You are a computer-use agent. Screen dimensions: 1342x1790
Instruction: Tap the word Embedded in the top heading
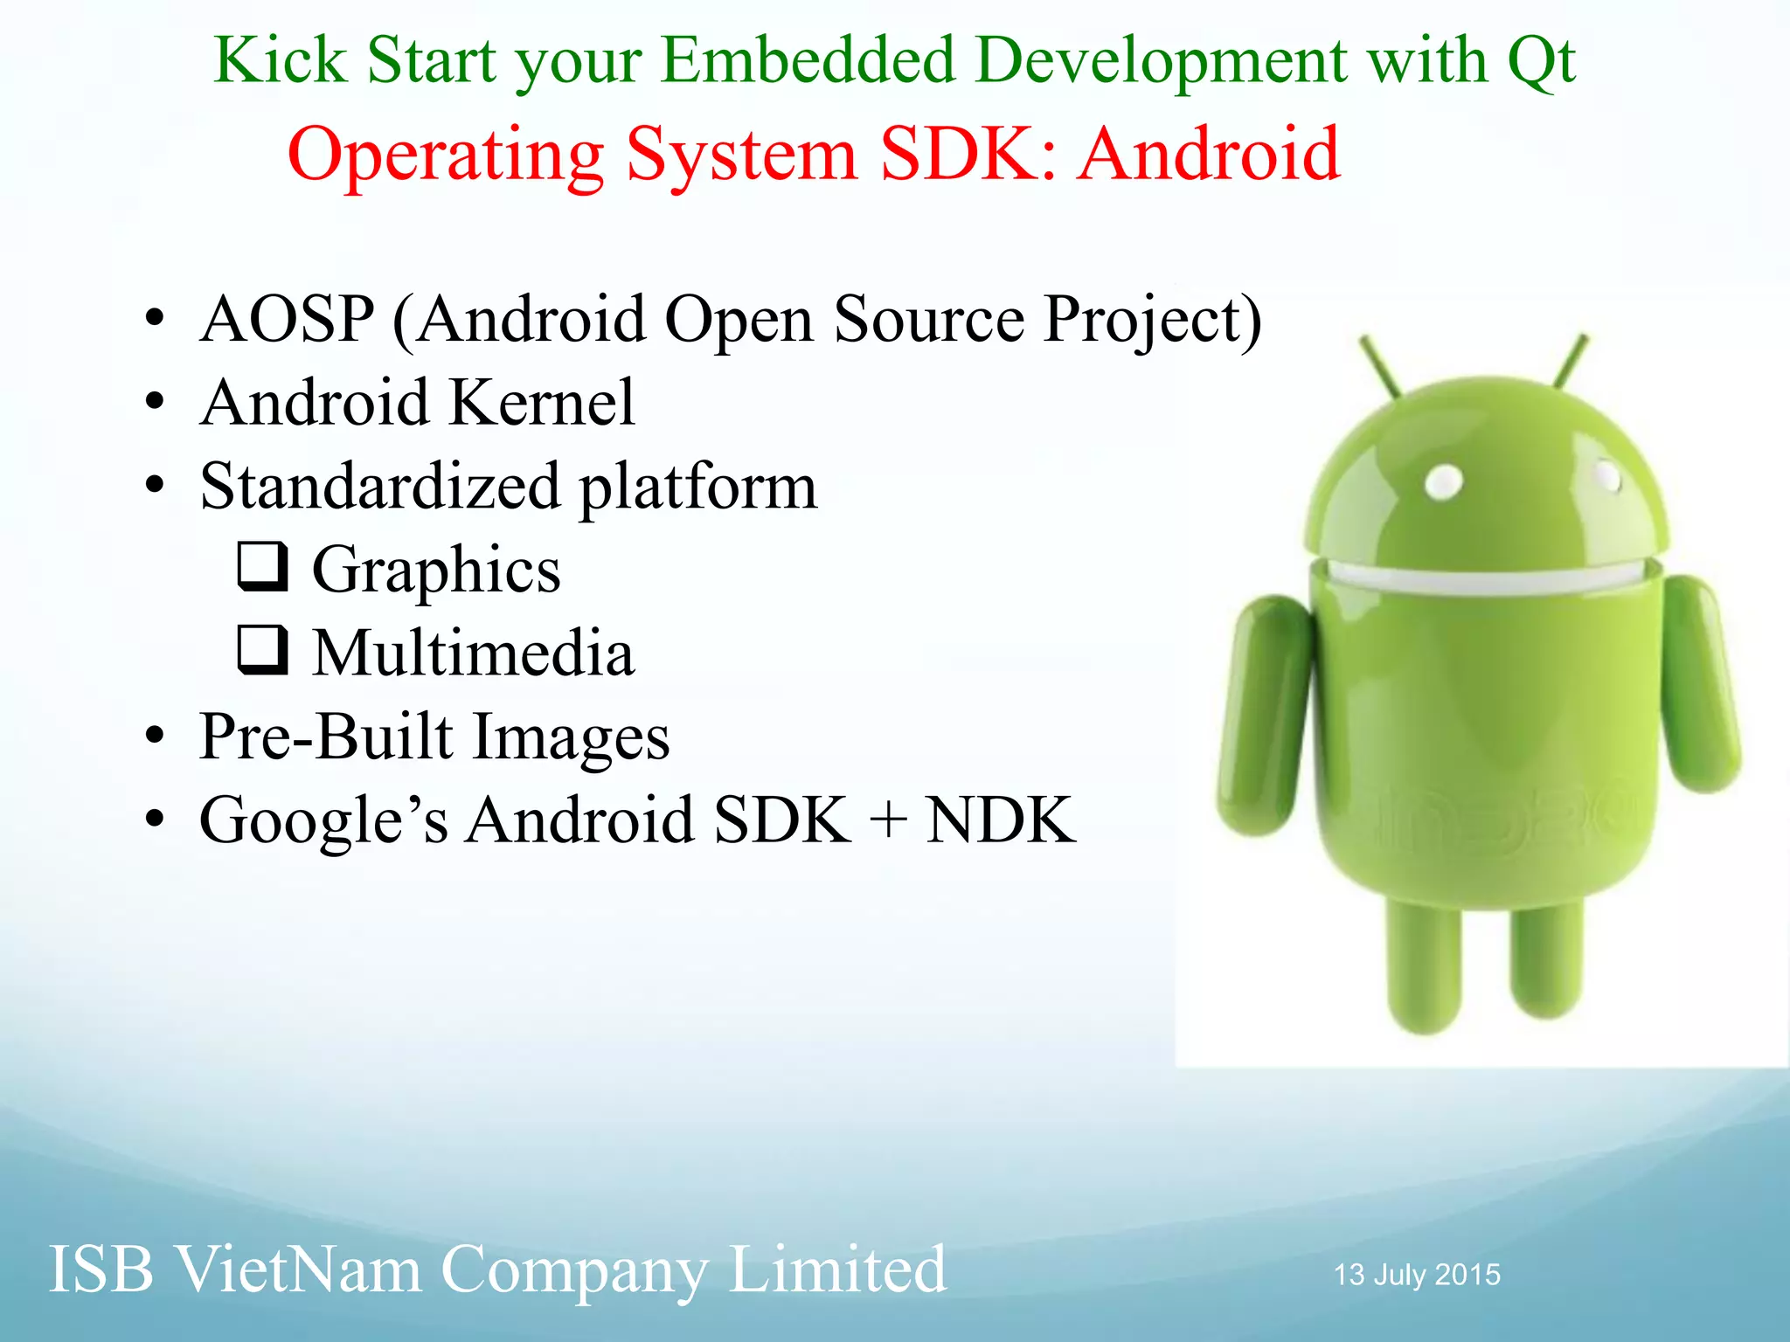tap(808, 61)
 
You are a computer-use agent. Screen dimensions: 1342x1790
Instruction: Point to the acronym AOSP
tap(288, 319)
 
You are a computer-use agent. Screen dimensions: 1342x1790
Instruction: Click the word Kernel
tap(543, 403)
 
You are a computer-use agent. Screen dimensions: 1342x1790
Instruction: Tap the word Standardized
tap(380, 487)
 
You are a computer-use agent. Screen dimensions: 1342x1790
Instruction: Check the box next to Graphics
tap(262, 566)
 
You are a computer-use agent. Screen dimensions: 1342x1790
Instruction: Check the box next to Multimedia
tap(262, 650)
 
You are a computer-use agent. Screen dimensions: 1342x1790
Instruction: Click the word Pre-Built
tap(326, 737)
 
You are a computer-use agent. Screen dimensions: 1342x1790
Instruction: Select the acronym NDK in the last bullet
tap(1000, 820)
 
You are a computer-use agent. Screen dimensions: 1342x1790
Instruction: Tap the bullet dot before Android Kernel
tap(155, 403)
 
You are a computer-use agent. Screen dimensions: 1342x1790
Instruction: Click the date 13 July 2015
tap(1417, 1275)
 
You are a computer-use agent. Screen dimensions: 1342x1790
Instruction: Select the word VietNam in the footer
tap(297, 1269)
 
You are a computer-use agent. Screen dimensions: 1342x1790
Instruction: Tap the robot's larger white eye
tap(1443, 481)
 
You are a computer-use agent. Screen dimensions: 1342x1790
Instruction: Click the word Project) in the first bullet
tap(1153, 321)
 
